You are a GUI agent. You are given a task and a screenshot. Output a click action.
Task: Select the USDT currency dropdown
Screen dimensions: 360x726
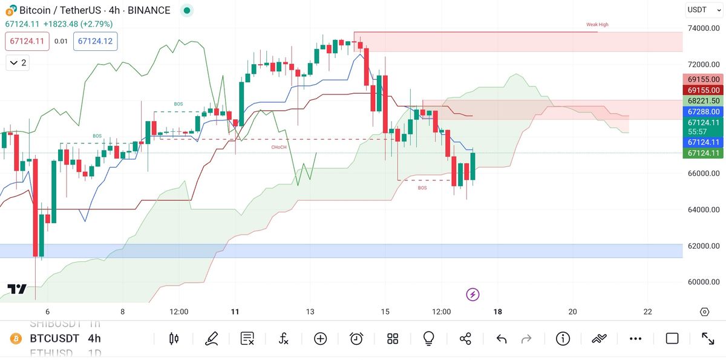click(x=702, y=10)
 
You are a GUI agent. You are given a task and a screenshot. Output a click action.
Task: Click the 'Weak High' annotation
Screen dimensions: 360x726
click(x=597, y=25)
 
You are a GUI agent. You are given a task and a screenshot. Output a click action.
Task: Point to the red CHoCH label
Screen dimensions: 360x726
click(x=279, y=147)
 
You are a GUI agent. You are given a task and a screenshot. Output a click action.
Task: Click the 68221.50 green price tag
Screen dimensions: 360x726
click(x=702, y=101)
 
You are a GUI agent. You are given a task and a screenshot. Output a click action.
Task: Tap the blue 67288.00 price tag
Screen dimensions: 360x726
click(x=702, y=112)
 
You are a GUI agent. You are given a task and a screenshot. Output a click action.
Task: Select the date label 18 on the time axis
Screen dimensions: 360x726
click(x=498, y=312)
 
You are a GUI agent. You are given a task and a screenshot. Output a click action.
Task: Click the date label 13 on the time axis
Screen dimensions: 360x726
click(x=310, y=312)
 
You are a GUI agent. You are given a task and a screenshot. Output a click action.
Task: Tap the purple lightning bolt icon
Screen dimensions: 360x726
click(x=473, y=295)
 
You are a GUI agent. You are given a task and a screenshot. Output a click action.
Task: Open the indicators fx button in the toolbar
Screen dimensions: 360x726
click(x=284, y=339)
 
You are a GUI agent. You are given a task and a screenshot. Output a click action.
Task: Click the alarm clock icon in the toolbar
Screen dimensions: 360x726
click(x=356, y=339)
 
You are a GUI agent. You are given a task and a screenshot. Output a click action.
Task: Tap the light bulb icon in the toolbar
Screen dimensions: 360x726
click(x=429, y=339)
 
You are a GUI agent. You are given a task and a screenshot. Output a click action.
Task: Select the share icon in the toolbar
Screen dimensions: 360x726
click(x=465, y=339)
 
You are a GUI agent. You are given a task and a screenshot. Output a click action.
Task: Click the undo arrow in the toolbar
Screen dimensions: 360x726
click(x=502, y=339)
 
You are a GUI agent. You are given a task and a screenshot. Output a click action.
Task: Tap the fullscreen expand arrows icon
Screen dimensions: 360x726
click(x=708, y=339)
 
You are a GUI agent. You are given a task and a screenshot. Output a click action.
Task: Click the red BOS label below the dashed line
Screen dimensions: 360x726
click(x=422, y=188)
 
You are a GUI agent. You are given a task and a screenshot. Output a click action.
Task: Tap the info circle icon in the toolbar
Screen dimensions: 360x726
click(x=563, y=339)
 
